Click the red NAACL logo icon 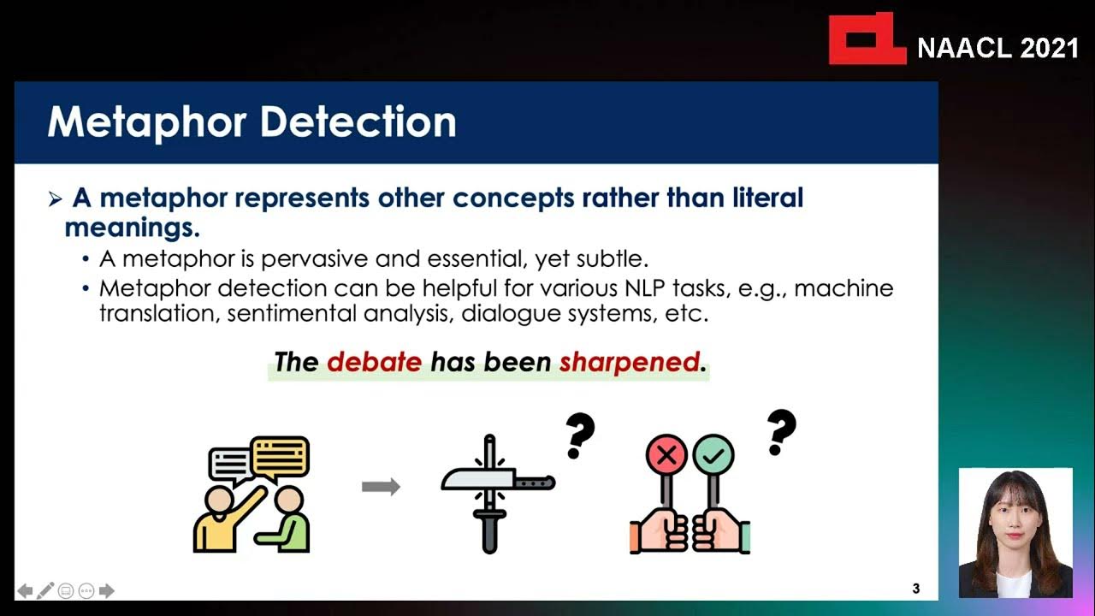866,39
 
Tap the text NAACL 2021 997,49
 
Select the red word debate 374,362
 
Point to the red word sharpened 629,362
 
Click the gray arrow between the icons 381,487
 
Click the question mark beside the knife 580,435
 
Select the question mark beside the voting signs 780,432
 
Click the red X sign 667,454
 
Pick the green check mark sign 713,454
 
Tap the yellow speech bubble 281,457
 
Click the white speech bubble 230,465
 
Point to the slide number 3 916,589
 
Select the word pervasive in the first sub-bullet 315,258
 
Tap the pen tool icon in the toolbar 45,590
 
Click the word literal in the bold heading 766,198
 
